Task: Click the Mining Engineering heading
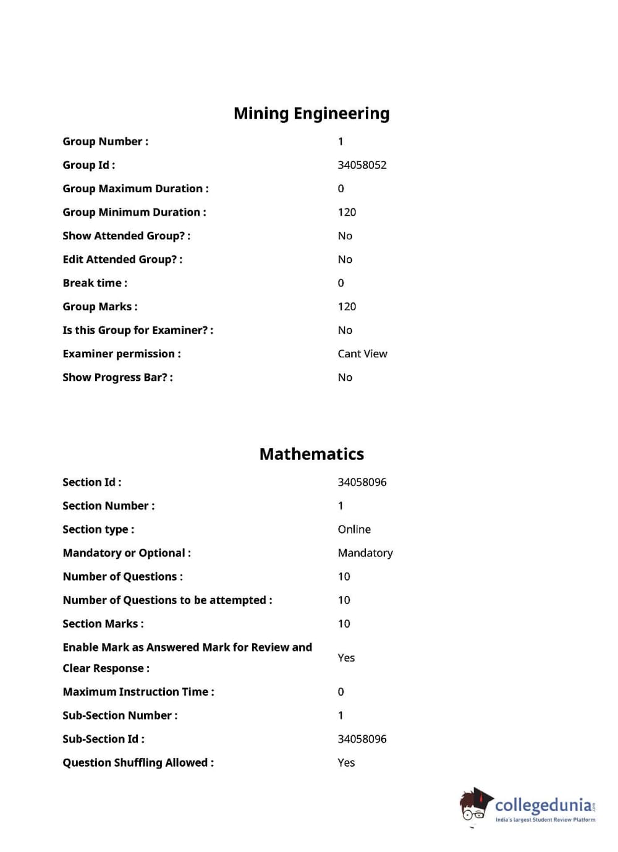click(x=311, y=114)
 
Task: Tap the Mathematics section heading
click(x=311, y=454)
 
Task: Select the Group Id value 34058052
click(x=362, y=165)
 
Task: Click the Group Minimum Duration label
click(x=134, y=212)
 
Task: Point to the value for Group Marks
click(x=347, y=307)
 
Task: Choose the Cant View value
click(x=362, y=354)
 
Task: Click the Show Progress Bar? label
click(x=117, y=377)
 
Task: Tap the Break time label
click(x=95, y=283)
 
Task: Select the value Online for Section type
click(x=354, y=529)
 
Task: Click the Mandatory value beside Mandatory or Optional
click(x=365, y=553)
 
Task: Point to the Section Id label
click(x=91, y=482)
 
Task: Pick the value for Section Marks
click(x=344, y=624)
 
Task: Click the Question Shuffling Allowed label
click(x=138, y=762)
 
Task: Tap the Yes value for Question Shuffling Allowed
click(x=346, y=762)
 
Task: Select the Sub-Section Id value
click(x=362, y=739)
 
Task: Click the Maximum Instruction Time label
click(x=138, y=692)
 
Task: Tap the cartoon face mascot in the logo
click(x=474, y=806)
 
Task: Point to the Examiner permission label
click(x=121, y=354)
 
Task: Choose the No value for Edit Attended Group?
click(x=345, y=260)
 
